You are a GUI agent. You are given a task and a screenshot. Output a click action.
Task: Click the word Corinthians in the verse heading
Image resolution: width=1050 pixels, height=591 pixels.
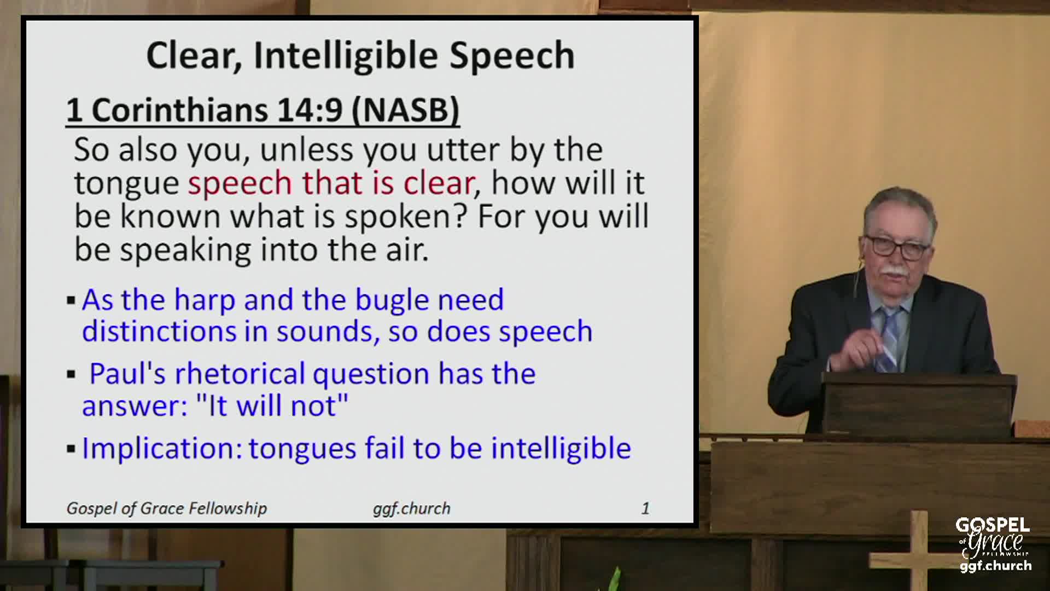pyautogui.click(x=179, y=110)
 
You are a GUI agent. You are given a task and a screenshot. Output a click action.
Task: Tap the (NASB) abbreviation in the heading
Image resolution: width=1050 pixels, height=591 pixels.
pyautogui.click(x=405, y=110)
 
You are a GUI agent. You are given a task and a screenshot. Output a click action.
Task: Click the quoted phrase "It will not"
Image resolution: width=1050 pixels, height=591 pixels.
pyautogui.click(x=272, y=406)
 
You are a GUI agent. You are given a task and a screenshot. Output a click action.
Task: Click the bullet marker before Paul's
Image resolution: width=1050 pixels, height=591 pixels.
pyautogui.click(x=71, y=375)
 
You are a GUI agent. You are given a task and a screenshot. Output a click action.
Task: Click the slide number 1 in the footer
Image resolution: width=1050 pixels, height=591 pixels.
pyautogui.click(x=645, y=508)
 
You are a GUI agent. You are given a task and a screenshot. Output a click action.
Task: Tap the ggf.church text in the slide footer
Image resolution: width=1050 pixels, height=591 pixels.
pyautogui.click(x=411, y=508)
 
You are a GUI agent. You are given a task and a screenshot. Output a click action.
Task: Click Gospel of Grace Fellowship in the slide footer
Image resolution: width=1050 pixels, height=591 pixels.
pyautogui.click(x=167, y=508)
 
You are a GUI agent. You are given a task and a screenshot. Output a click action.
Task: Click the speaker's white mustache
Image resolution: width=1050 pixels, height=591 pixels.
pyautogui.click(x=895, y=270)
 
